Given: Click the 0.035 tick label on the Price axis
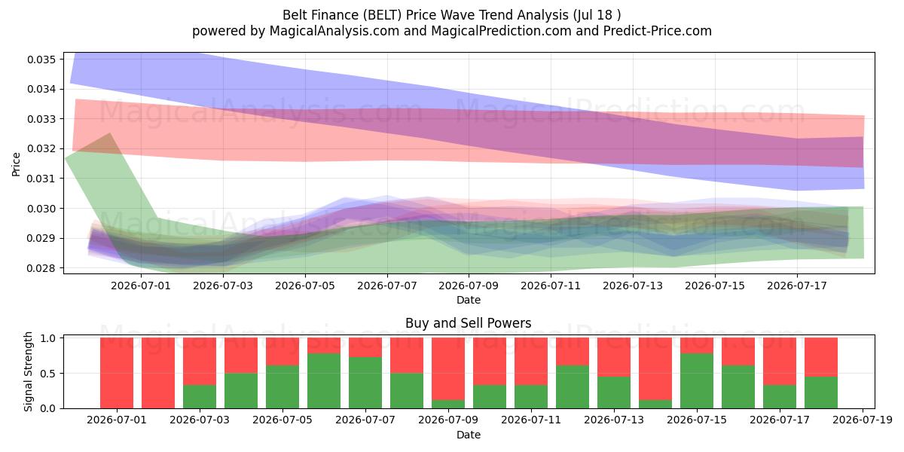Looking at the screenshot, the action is (41, 60).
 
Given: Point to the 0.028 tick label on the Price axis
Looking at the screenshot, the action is (41, 268).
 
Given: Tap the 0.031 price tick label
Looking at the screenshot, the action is (41, 179).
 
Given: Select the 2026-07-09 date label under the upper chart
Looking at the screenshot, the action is (469, 286).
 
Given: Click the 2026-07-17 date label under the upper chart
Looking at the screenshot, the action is (797, 286).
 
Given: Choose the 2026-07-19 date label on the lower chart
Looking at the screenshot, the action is (863, 420).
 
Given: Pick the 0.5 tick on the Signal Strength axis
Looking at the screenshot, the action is (48, 374).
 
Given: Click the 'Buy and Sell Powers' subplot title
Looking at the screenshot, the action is (468, 323).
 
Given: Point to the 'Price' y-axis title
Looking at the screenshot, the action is (16, 164).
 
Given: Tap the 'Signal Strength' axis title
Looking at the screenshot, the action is (28, 371).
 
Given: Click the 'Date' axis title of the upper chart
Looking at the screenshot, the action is (469, 301).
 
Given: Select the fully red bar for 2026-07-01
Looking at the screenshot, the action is (117, 373).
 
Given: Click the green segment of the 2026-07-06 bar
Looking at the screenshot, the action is (324, 381).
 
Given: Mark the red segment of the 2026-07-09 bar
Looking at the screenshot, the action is (448, 369).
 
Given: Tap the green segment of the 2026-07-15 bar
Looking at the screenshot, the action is (697, 381).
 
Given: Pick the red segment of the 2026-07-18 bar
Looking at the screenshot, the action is (821, 357).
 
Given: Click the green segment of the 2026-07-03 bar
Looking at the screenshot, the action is (200, 397).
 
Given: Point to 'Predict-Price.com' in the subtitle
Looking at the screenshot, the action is (658, 31).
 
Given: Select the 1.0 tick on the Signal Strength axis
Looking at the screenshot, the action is (48, 338).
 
